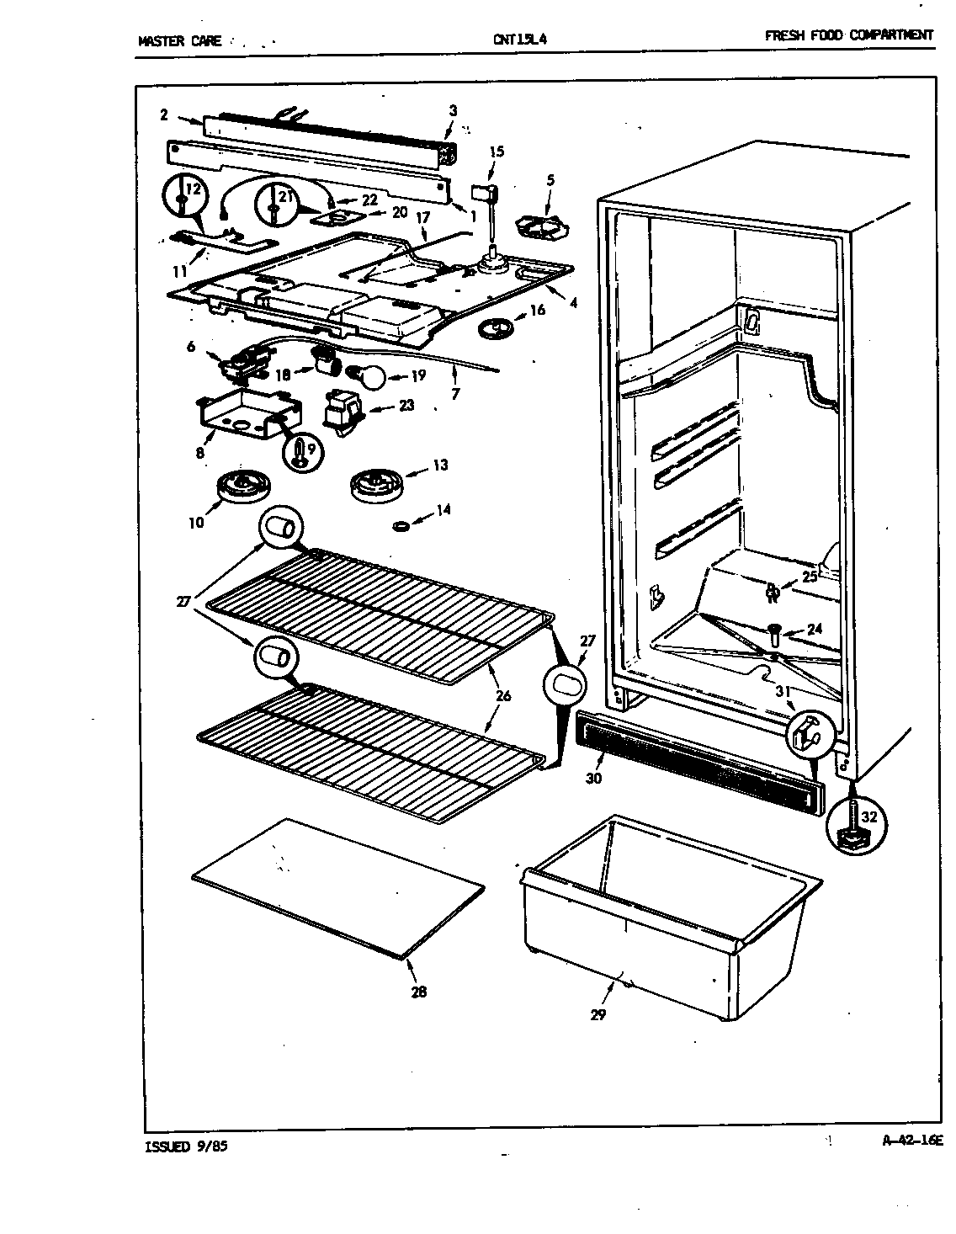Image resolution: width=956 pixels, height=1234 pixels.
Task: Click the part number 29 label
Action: point(597,1014)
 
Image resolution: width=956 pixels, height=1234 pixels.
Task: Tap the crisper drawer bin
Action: point(665,918)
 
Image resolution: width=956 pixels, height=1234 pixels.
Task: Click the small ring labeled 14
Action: point(402,526)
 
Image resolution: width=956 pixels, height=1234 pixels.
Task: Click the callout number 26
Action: point(503,695)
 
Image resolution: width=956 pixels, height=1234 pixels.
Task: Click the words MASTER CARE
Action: point(179,40)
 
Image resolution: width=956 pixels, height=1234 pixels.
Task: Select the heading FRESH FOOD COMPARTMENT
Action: point(848,35)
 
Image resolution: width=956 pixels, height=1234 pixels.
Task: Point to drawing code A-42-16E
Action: point(911,1141)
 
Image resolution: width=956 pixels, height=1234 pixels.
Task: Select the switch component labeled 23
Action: point(343,412)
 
